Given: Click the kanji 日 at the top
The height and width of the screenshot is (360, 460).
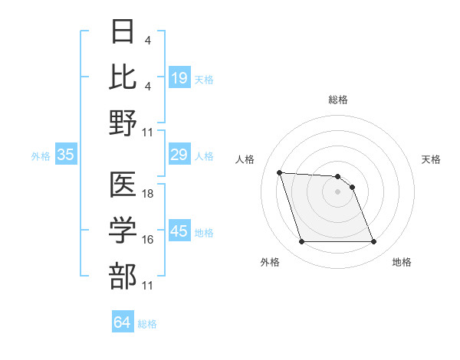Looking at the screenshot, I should [x=123, y=32].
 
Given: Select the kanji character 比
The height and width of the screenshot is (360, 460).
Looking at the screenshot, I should [x=123, y=77].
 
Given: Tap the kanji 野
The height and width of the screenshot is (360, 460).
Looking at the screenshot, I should [x=123, y=123].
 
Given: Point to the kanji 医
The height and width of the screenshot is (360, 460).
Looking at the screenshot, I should [x=123, y=185].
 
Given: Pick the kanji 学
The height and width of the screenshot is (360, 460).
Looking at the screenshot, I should [x=123, y=231].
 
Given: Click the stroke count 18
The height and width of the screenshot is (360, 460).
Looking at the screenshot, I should [x=148, y=194].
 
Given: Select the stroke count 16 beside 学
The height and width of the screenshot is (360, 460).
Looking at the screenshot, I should [x=148, y=240].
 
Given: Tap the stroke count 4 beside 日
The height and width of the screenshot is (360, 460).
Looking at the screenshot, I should [x=147, y=41].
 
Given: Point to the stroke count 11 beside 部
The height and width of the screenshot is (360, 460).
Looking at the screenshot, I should [x=148, y=286].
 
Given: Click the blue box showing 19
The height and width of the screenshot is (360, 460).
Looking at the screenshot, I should [x=179, y=77].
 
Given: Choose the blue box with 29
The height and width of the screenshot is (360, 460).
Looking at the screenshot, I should [x=179, y=155].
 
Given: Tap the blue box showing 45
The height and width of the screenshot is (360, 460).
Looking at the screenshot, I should [x=179, y=231].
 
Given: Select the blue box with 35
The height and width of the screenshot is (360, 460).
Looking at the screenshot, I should [x=65, y=155].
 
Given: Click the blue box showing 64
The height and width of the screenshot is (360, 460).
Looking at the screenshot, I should [x=122, y=322].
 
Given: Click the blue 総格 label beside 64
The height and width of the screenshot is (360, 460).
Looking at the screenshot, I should [x=147, y=324].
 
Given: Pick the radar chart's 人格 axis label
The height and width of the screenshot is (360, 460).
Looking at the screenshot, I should [x=245, y=159].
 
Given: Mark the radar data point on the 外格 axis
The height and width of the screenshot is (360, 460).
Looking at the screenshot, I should [x=301, y=242].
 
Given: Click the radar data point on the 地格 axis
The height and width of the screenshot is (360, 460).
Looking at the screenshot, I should [x=373, y=242].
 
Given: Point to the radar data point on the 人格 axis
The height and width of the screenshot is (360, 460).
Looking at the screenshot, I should [x=279, y=173].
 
